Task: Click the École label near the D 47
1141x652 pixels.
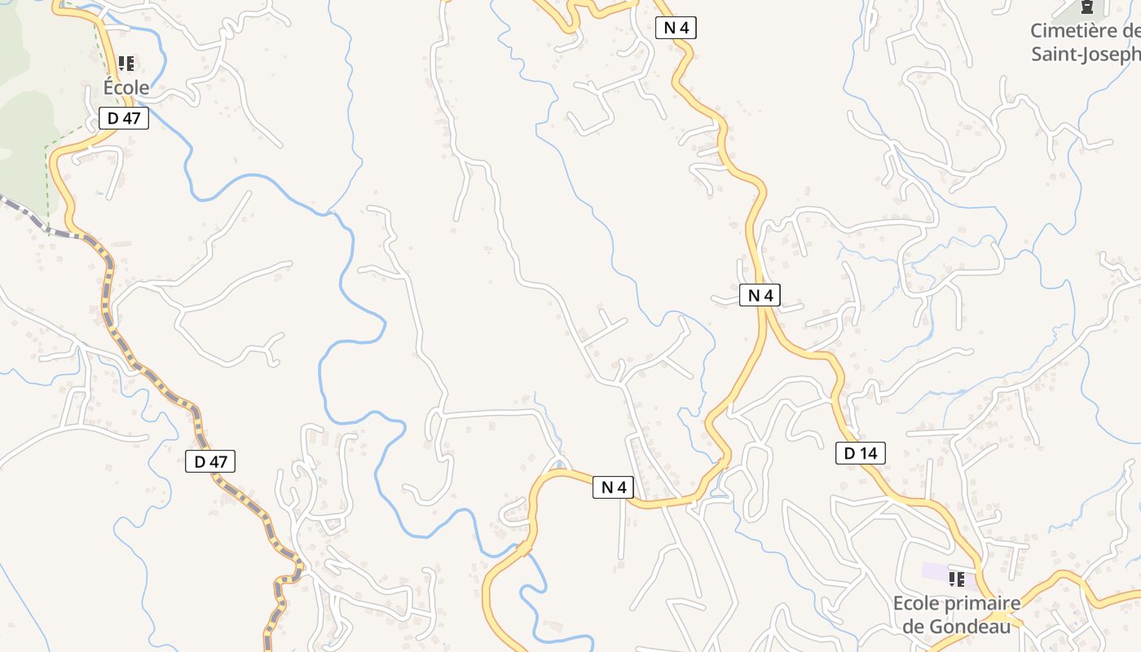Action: point(126,87)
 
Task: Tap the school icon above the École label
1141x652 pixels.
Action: point(126,63)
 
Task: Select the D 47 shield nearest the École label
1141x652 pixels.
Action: point(124,118)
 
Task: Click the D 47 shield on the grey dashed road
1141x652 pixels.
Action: point(210,461)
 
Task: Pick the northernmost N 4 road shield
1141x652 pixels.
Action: point(676,28)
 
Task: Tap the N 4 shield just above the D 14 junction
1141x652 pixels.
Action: point(760,295)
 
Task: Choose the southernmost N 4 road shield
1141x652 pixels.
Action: point(613,487)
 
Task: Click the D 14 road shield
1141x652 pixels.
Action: point(860,453)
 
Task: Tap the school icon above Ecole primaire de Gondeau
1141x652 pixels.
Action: point(957,579)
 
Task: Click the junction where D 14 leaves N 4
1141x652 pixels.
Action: point(767,319)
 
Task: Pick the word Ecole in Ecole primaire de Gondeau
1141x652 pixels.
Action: point(915,604)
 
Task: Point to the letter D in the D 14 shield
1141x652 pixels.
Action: point(850,453)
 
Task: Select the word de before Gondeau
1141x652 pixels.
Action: point(914,626)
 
